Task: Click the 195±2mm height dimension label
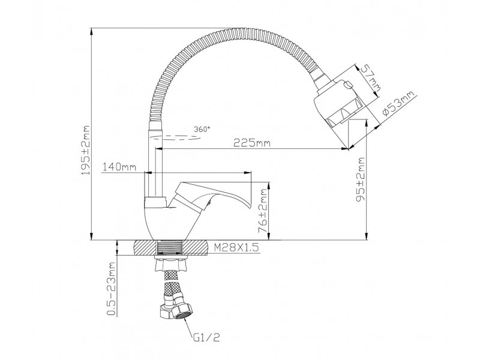[x=86, y=150]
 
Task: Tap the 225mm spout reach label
[x=252, y=143]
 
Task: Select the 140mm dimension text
[x=119, y=167]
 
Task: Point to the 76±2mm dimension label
[x=263, y=211]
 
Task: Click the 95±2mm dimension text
[x=361, y=179]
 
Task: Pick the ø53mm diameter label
[x=398, y=103]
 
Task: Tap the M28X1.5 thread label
[x=236, y=247]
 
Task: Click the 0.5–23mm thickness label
[x=112, y=289]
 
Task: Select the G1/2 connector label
[x=206, y=337]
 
